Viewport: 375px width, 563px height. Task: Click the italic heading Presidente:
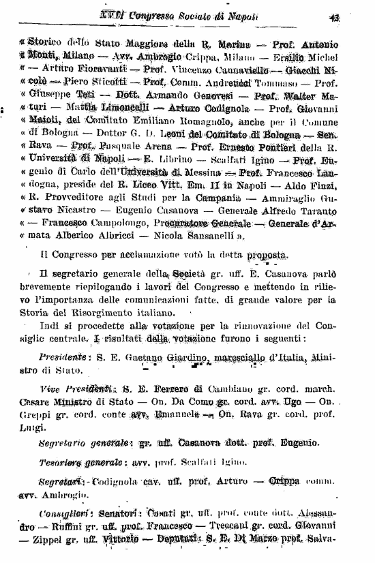(x=61, y=356)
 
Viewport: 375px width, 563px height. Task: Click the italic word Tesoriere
(x=60, y=463)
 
